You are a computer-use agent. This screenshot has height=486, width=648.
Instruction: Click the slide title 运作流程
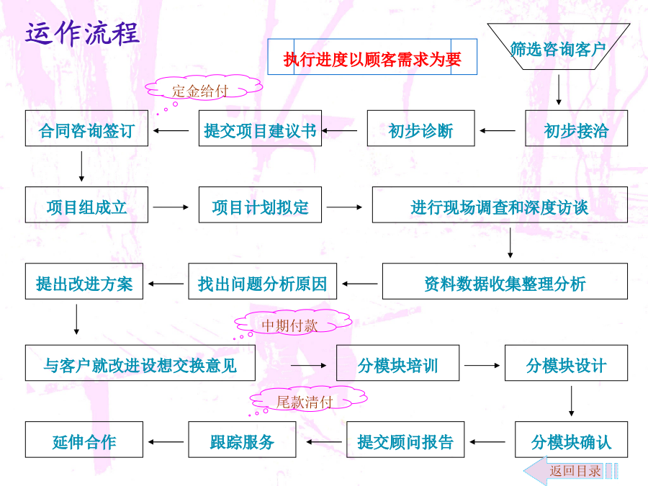82,33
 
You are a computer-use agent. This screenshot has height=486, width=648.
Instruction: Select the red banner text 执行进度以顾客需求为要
372,58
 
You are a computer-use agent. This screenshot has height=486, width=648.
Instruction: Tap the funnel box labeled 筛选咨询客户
558,49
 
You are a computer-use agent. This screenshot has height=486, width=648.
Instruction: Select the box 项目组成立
86,207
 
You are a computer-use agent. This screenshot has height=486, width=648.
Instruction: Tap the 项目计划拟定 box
260,207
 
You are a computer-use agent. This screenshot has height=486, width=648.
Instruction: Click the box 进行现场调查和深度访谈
499,207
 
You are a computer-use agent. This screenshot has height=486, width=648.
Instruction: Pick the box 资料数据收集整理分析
504,282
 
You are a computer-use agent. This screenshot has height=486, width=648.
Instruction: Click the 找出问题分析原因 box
262,282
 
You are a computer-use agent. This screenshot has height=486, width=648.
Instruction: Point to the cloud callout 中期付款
289,325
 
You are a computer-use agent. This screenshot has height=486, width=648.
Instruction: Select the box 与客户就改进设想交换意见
140,364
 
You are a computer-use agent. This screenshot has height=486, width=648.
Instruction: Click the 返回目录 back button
572,471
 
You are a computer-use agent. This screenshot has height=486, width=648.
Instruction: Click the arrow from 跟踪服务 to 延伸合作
166,441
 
